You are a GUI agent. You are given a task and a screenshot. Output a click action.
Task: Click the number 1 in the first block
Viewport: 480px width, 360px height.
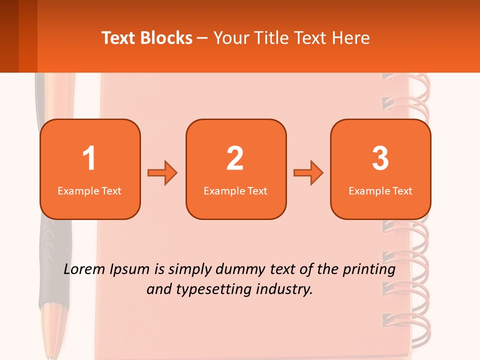(89, 158)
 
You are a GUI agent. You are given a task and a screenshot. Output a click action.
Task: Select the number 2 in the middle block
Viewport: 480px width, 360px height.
(235, 158)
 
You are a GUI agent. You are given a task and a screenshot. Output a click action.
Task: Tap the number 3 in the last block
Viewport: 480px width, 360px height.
(380, 158)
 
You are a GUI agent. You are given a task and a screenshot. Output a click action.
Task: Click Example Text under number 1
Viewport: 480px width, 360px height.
(89, 191)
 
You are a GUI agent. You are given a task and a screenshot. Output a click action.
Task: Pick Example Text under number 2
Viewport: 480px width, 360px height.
(235, 191)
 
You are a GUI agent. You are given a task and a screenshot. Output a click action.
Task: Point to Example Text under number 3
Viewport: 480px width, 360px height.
(380, 191)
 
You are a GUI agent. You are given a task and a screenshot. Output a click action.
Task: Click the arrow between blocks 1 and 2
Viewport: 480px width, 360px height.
(162, 173)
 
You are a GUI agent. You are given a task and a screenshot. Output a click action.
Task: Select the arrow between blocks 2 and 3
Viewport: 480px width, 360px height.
(308, 173)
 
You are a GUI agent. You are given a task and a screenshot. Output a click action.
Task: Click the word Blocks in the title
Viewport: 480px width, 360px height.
(167, 38)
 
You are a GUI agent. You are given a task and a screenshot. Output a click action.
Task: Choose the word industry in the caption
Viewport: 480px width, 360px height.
(285, 289)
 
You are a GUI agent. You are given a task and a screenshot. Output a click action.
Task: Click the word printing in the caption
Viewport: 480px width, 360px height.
(369, 270)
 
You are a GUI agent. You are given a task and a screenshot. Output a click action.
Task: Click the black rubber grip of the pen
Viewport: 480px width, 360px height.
(50, 260)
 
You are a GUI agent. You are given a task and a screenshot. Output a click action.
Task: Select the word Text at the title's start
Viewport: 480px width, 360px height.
(119, 38)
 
